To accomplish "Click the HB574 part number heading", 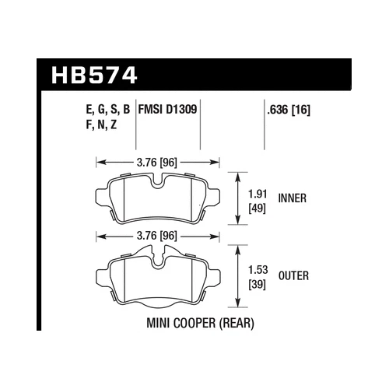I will pyautogui.click(x=93, y=76).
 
